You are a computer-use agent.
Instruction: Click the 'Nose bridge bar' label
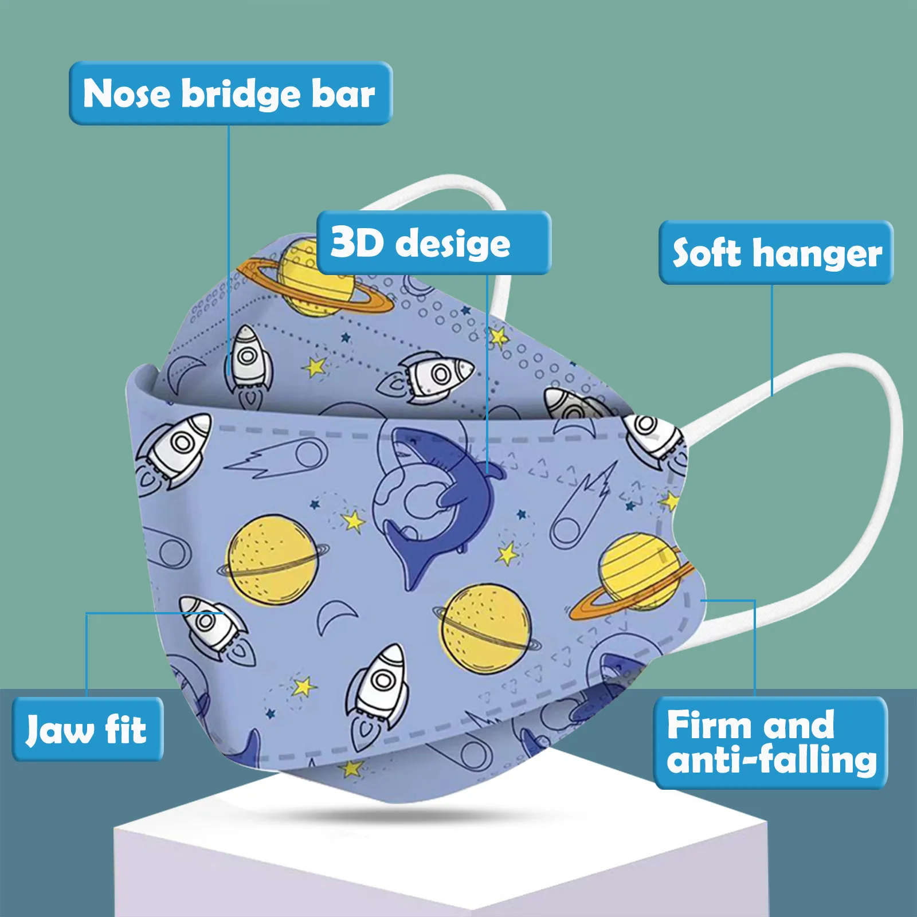pos(230,93)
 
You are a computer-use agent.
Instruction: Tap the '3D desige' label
pos(433,242)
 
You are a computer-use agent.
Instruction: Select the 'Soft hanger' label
pos(776,252)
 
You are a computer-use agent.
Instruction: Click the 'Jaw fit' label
pos(87,729)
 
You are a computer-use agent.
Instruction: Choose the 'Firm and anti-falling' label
pos(770,743)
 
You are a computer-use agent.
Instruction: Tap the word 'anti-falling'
pos(771,760)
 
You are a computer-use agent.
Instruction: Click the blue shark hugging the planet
pos(441,499)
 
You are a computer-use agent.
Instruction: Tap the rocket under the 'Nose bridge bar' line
pos(248,364)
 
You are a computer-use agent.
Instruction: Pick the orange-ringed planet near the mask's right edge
pos(636,573)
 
